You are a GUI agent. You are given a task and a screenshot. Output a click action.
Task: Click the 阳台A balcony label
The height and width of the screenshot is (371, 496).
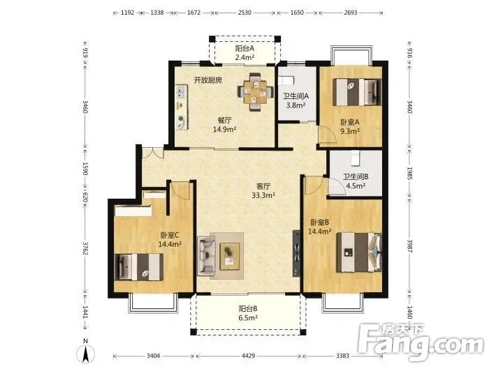tap(245, 49)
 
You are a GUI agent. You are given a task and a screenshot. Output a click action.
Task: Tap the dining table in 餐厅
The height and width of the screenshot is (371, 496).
tap(256, 92)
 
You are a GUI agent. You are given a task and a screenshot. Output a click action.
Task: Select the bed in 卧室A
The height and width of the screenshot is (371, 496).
tap(357, 92)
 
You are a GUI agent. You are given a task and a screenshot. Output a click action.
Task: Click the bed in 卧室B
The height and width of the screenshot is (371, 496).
tap(359, 252)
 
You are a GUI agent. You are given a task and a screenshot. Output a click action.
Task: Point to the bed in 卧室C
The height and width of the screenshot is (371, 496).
tap(138, 267)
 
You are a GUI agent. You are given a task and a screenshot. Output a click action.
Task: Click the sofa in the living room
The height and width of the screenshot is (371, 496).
tap(207, 256)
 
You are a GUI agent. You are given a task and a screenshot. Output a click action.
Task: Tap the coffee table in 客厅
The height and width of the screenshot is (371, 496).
tap(230, 256)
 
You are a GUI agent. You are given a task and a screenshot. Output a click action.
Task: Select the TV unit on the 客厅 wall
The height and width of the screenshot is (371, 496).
tap(296, 253)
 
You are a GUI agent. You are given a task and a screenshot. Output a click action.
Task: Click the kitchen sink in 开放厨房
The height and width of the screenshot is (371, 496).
tap(181, 91)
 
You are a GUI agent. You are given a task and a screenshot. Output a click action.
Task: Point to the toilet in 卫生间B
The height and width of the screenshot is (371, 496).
tap(356, 158)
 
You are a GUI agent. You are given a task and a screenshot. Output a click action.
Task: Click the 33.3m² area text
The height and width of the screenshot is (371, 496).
tap(263, 195)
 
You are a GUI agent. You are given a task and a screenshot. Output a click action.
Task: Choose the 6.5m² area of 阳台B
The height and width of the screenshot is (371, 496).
tap(248, 317)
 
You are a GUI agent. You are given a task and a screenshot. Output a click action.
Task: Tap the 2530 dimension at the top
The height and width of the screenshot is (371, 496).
tap(245, 13)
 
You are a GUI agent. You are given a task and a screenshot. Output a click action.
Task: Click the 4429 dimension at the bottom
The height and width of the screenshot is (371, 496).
tap(248, 356)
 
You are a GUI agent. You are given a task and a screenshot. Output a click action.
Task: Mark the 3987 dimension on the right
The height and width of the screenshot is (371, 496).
tap(409, 246)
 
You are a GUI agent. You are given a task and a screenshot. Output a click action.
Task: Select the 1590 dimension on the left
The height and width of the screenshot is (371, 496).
tap(85, 168)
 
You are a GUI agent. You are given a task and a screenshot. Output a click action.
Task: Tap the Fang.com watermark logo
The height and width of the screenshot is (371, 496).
tap(421, 342)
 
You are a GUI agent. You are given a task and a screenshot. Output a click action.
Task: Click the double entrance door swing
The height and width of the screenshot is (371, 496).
tap(153, 153)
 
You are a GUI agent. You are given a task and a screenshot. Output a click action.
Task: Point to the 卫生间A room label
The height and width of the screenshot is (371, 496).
tap(296, 96)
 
